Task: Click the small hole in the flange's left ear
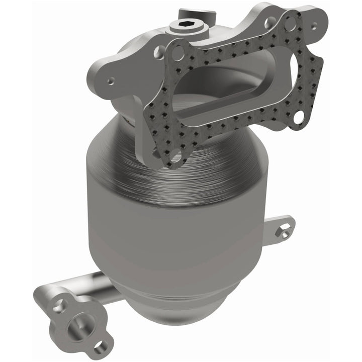[x=110, y=80]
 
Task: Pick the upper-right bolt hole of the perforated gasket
[x=290, y=23]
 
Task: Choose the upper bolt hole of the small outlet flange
[x=59, y=304]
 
